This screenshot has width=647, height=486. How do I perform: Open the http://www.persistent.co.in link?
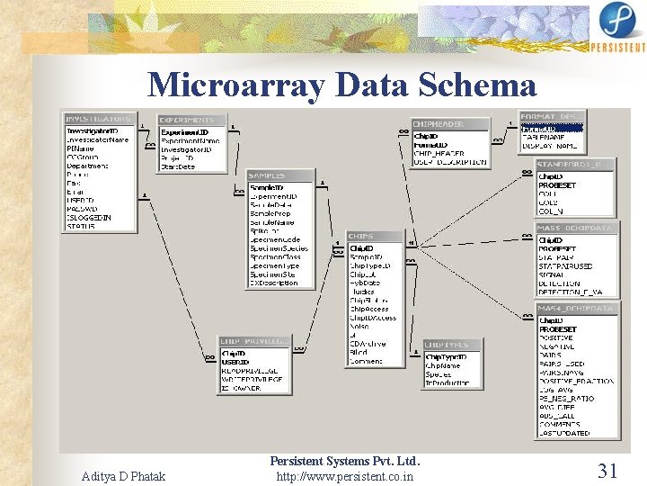(345, 475)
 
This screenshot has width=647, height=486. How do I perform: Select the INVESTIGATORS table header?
(97, 119)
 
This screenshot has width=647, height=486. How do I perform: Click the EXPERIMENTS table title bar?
(190, 120)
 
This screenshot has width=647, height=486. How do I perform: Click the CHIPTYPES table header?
(448, 345)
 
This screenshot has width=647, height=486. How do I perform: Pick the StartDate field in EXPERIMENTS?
(178, 166)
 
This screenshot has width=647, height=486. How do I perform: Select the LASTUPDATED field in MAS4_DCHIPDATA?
(564, 433)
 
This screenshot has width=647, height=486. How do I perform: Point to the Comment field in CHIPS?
(366, 361)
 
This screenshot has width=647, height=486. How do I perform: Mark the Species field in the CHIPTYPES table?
(439, 373)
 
